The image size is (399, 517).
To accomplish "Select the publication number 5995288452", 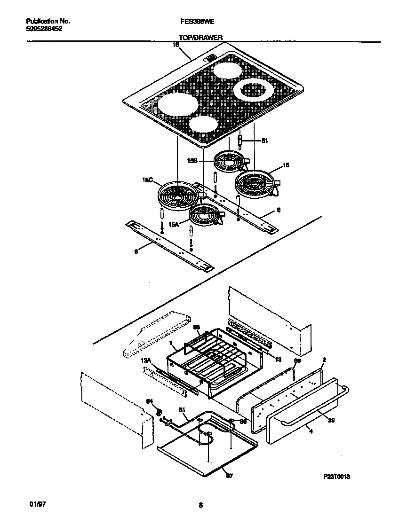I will click(44, 29).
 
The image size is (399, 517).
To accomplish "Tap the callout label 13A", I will click(146, 360).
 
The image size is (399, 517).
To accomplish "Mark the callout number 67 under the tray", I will click(229, 476).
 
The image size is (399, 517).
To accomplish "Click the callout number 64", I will click(150, 401).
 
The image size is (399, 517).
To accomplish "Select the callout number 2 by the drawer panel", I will click(324, 360).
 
